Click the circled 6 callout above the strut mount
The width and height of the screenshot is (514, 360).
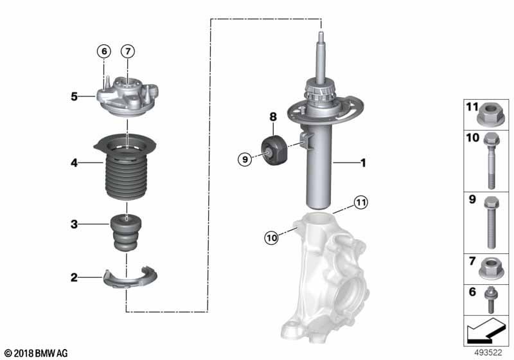(104, 50)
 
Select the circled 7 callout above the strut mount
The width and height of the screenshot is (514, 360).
(127, 50)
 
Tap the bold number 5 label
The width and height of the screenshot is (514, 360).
(75, 97)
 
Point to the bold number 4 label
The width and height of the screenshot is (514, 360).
(75, 164)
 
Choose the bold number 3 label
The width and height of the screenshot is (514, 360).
(75, 224)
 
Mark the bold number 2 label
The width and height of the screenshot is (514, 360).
(75, 278)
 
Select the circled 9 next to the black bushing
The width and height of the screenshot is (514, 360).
(245, 159)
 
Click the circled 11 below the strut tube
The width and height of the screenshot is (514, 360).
(361, 203)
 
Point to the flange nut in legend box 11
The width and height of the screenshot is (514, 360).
(490, 116)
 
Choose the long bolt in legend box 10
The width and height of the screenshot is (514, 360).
(490, 157)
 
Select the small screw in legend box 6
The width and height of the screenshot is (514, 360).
(490, 299)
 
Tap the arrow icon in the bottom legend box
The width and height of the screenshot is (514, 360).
(486, 333)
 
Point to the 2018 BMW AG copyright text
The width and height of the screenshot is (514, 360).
(35, 353)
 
